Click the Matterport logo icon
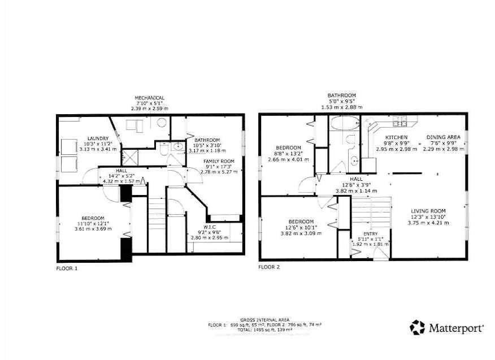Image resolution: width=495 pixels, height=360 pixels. (x=417, y=327)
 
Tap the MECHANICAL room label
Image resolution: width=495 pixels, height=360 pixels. (x=149, y=97)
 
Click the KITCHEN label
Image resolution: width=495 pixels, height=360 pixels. (x=396, y=137)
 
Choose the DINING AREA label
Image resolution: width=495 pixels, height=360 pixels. (x=443, y=137)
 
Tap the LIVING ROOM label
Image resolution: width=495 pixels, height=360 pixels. (x=428, y=211)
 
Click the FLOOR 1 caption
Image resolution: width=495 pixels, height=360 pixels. (x=67, y=268)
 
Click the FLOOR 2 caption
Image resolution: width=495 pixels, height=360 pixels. (x=269, y=267)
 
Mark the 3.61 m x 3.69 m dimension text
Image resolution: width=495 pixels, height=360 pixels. (x=93, y=229)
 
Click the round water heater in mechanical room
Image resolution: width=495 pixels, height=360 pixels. (x=161, y=124)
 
